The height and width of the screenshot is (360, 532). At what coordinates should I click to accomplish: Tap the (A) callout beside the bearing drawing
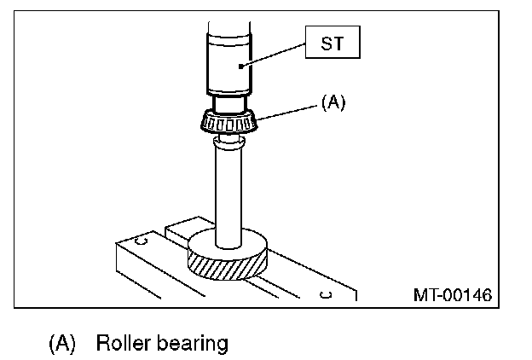(x=332, y=103)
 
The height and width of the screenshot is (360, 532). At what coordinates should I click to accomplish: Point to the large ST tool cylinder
(x=229, y=64)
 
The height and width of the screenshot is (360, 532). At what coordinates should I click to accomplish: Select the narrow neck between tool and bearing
(x=228, y=103)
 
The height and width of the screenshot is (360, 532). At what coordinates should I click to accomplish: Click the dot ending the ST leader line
(x=242, y=66)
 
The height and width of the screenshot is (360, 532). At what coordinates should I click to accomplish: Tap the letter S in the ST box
(x=327, y=43)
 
